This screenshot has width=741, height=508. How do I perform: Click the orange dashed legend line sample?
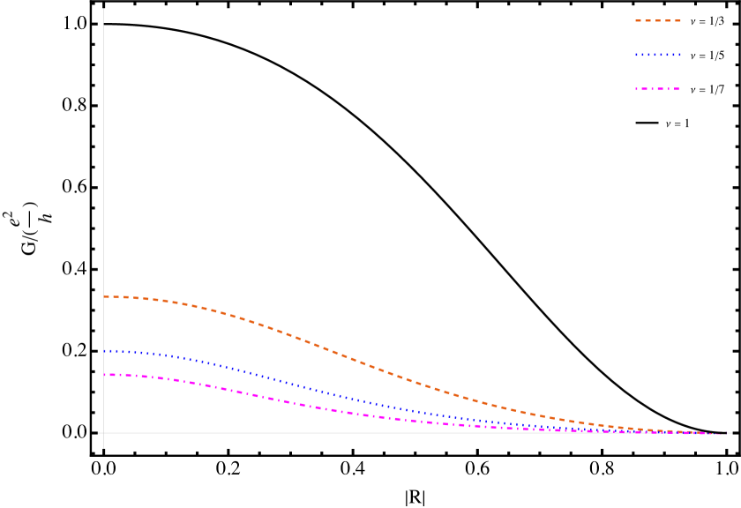(658, 20)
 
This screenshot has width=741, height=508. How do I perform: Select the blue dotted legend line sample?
(658, 55)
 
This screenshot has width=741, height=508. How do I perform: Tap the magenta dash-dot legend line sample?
(658, 89)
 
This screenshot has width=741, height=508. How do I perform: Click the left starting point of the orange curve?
(104, 296)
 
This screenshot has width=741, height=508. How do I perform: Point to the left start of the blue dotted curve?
(104, 351)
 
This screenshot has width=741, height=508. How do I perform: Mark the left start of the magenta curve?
(104, 375)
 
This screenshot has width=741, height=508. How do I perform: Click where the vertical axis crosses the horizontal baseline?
(103, 433)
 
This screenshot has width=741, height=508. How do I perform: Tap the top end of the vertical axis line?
(103, 9)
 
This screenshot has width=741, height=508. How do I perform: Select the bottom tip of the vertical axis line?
(103, 448)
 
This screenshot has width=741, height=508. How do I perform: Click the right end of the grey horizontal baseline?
(731, 433)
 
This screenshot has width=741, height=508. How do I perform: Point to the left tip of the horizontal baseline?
(98, 433)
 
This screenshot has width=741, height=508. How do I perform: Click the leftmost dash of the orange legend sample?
(639, 20)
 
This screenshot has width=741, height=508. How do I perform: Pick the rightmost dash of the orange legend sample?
(677, 20)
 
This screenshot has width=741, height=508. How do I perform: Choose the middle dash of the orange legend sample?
(658, 20)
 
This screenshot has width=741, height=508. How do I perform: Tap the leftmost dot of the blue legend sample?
(637, 55)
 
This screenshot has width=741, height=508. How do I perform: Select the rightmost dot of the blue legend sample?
(679, 55)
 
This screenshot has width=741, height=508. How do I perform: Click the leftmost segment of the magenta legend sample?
(640, 89)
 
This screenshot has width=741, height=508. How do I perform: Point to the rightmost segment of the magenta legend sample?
(675, 89)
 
